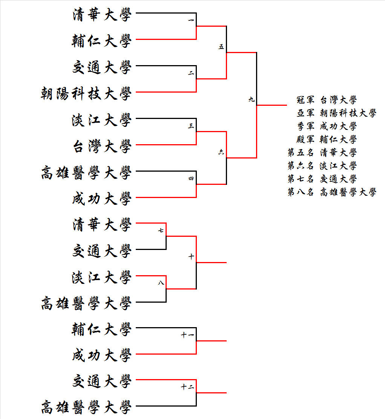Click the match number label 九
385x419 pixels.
[252, 99]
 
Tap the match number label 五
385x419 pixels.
[221, 47]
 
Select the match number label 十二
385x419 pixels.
[187, 387]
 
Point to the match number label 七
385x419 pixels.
[161, 230]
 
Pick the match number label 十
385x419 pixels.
[191, 256]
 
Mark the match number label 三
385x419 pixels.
[191, 126]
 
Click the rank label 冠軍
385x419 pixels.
[305, 100]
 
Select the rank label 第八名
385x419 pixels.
[301, 192]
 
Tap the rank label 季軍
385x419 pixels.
[305, 126]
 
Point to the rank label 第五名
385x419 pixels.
[301, 152]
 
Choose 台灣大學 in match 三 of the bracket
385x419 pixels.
[102, 146]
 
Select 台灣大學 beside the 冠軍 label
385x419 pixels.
[338, 100]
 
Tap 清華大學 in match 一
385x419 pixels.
[102, 14]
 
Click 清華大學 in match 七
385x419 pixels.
[102, 224]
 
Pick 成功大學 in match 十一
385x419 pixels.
[102, 355]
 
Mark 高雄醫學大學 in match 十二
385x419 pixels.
[86, 407]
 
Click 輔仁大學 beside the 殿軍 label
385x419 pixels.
[338, 139]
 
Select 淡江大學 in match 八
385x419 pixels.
[102, 277]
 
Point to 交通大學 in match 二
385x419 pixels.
[102, 67]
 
